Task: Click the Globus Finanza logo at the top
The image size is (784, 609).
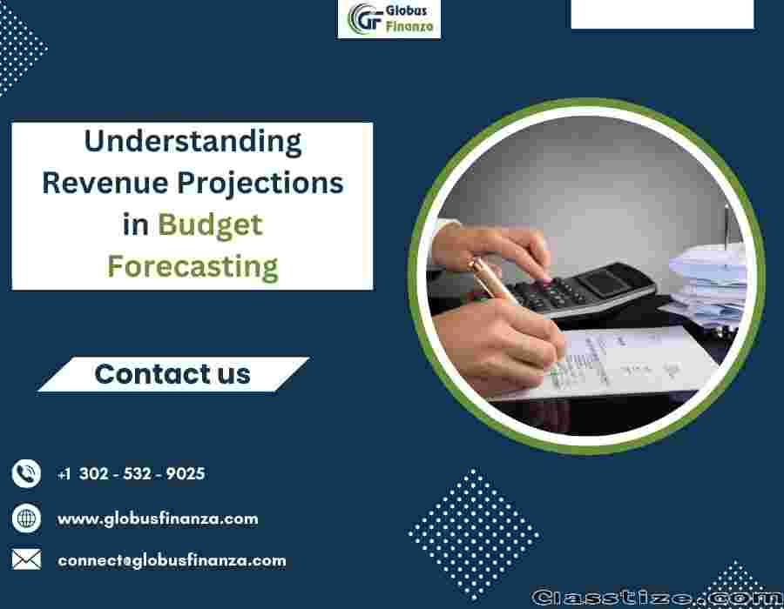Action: click(x=389, y=18)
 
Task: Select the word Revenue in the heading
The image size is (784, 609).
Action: click(x=105, y=183)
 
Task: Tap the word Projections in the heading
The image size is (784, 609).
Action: click(x=260, y=184)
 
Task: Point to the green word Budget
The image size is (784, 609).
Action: click(x=211, y=226)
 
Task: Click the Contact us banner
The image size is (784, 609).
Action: click(x=173, y=374)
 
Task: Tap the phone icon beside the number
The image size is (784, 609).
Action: click(x=26, y=473)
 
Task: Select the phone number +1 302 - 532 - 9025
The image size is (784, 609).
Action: click(x=131, y=474)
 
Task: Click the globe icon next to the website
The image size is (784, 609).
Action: click(x=26, y=519)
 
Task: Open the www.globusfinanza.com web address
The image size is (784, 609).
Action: click(x=158, y=519)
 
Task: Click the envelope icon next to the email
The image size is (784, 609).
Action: click(x=26, y=559)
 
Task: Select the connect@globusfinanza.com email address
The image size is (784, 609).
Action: click(x=172, y=560)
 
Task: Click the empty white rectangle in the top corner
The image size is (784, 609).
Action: click(x=663, y=14)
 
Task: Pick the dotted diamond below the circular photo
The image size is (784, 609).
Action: click(x=474, y=534)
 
